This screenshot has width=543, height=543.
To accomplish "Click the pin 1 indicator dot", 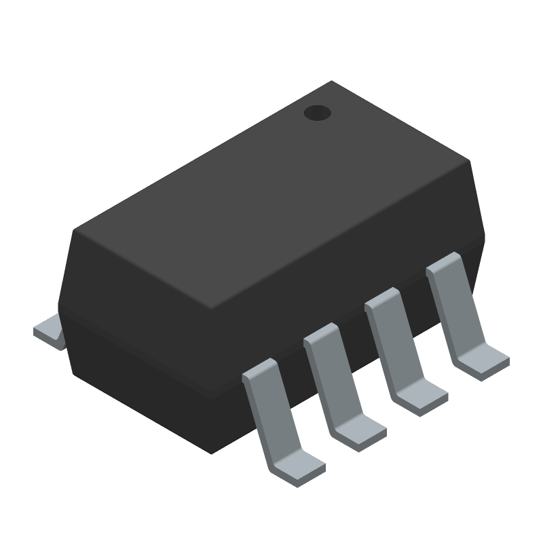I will tap(316, 113).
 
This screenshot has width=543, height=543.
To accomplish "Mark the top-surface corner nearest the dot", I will tap(331, 82).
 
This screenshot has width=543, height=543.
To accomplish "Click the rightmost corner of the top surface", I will tap(469, 162).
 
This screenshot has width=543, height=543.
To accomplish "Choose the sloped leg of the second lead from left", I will tap(329, 380).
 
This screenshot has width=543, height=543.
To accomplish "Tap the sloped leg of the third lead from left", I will tap(390, 346).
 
